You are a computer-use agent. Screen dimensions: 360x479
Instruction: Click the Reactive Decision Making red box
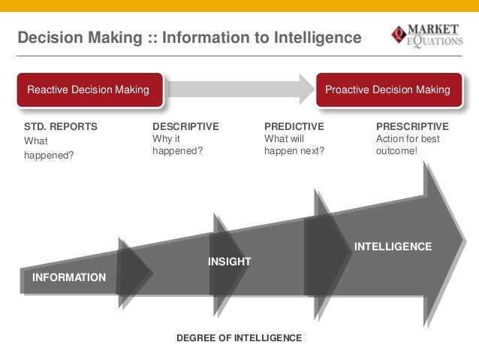click(88, 90)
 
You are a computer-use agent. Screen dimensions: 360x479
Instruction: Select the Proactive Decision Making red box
click(387, 90)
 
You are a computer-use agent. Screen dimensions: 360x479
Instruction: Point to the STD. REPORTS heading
click(61, 126)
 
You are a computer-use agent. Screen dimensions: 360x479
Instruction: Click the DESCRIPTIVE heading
click(185, 126)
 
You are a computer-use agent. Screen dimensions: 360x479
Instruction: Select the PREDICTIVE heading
click(294, 126)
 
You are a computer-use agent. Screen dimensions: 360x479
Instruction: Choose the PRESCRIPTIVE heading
click(412, 126)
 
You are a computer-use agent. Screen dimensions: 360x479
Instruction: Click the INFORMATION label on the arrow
click(69, 277)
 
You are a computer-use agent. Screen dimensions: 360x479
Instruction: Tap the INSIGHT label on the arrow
click(229, 261)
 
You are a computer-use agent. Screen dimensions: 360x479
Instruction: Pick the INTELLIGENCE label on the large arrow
click(393, 247)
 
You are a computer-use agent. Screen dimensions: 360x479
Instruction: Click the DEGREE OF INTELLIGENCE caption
click(239, 338)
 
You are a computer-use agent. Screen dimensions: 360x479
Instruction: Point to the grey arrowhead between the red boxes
click(306, 89)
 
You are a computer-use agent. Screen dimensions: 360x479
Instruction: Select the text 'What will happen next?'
click(294, 145)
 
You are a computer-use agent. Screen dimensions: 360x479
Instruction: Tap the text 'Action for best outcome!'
click(408, 145)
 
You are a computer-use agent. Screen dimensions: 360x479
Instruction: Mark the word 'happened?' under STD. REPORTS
click(50, 156)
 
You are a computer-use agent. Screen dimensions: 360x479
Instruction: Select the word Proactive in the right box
click(349, 90)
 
